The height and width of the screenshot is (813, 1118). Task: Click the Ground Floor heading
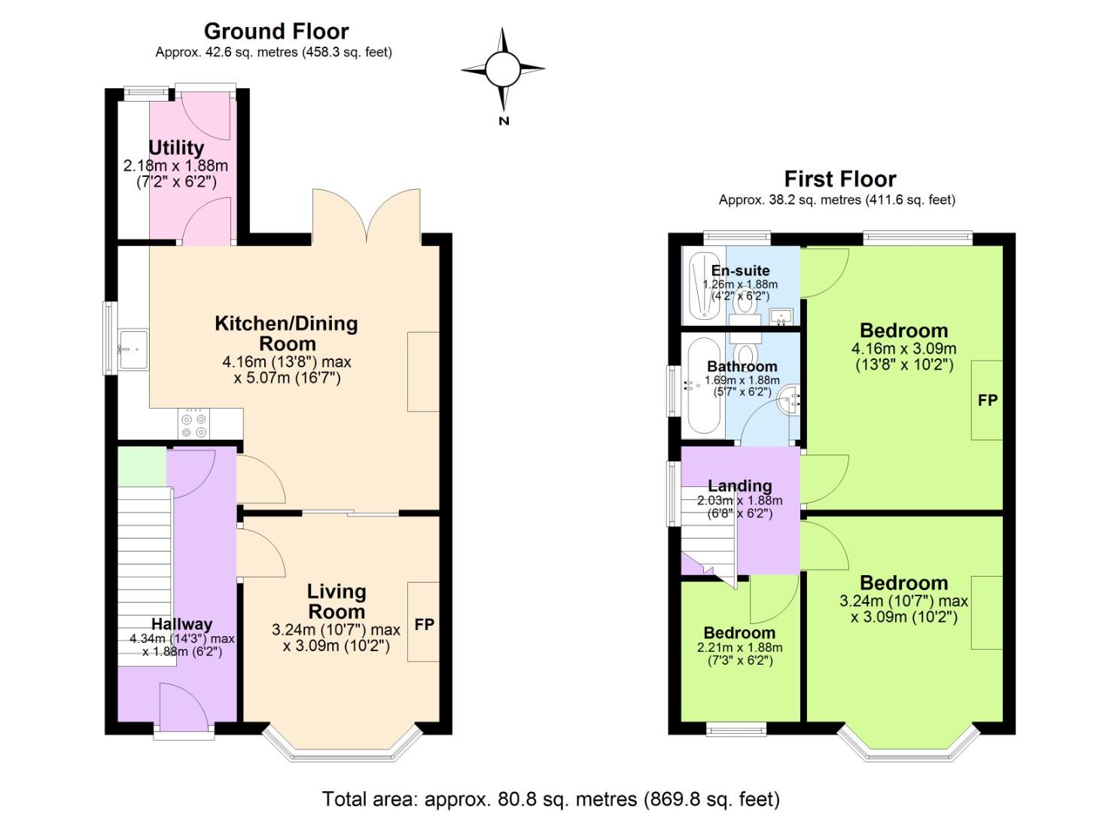276,32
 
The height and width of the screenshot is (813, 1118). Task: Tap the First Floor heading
840,178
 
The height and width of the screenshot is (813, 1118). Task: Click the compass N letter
504,120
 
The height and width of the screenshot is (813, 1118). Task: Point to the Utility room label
176,148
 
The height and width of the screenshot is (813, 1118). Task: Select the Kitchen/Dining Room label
287,333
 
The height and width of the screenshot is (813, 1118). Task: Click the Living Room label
337,601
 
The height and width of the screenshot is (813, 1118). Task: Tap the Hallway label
181,624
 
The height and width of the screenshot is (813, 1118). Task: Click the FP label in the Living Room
425,624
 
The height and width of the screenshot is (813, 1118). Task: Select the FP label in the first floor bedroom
987,400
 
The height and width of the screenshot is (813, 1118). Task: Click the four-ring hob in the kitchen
194,425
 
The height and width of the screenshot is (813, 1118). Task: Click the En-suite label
740,270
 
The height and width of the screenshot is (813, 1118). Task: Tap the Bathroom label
742,367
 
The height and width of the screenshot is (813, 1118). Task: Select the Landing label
739,486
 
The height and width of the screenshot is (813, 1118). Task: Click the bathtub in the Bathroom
704,386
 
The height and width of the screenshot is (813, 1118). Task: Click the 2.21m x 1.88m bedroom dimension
739,648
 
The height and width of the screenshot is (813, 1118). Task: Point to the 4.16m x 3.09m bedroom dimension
903,349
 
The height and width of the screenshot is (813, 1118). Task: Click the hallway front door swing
183,703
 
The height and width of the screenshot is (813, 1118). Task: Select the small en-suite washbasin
781,316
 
